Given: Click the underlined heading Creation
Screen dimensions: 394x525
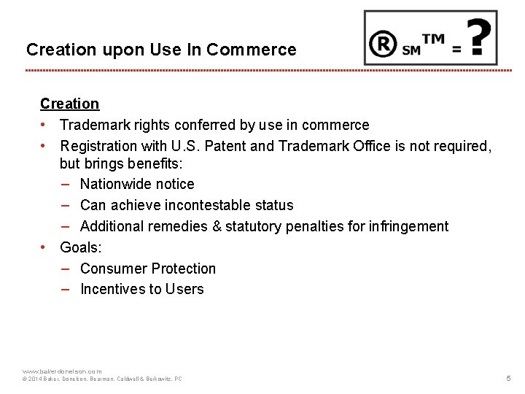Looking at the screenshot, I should [x=69, y=104].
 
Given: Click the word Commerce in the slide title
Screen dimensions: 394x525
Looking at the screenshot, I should [x=252, y=50].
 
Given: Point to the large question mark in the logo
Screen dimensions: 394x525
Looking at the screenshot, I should [x=478, y=38].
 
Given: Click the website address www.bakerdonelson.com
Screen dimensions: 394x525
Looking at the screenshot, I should [x=63, y=371].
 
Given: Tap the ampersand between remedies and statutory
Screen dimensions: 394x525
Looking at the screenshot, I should [x=217, y=226].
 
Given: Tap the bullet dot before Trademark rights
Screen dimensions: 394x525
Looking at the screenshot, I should [x=44, y=125].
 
